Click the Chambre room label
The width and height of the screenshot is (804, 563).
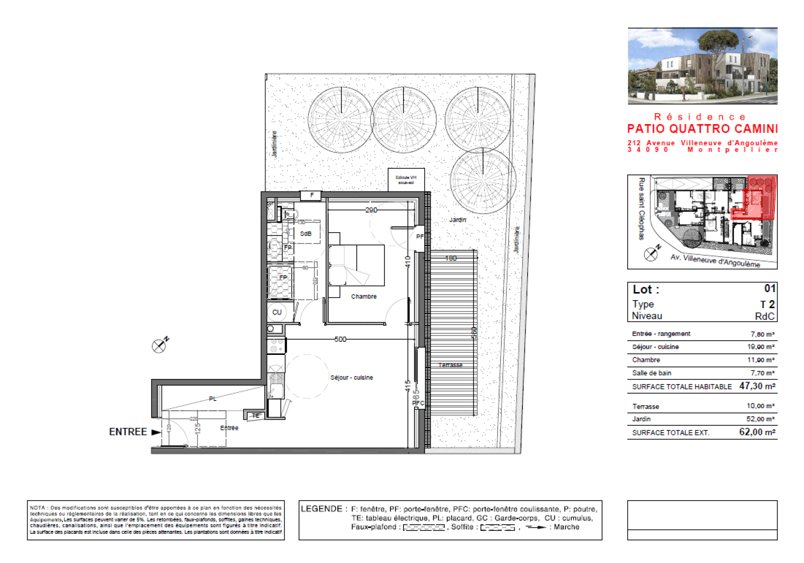click(363, 297)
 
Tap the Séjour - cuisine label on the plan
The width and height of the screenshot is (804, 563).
click(351, 378)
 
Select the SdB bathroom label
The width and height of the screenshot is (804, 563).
click(306, 234)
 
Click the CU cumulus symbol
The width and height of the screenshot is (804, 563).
click(277, 312)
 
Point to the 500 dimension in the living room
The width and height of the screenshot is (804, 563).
click(340, 339)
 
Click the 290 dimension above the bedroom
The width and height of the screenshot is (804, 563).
click(371, 210)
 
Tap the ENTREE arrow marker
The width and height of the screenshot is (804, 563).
click(156, 432)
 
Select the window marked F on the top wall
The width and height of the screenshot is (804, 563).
click(312, 196)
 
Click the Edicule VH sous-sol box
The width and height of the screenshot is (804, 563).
click(406, 179)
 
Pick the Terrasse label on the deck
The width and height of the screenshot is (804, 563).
click(450, 365)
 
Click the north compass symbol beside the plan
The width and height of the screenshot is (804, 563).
click(159, 345)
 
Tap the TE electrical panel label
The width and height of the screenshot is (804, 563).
click(256, 416)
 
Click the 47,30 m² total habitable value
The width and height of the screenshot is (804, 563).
click(757, 386)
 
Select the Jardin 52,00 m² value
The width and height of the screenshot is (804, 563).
click(760, 419)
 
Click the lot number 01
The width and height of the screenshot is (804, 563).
click(769, 289)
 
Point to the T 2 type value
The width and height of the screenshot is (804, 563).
click(767, 305)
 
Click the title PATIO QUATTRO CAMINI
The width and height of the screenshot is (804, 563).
click(702, 129)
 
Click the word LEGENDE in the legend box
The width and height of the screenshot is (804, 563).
click(321, 509)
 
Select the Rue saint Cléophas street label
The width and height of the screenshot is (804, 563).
click(641, 208)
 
